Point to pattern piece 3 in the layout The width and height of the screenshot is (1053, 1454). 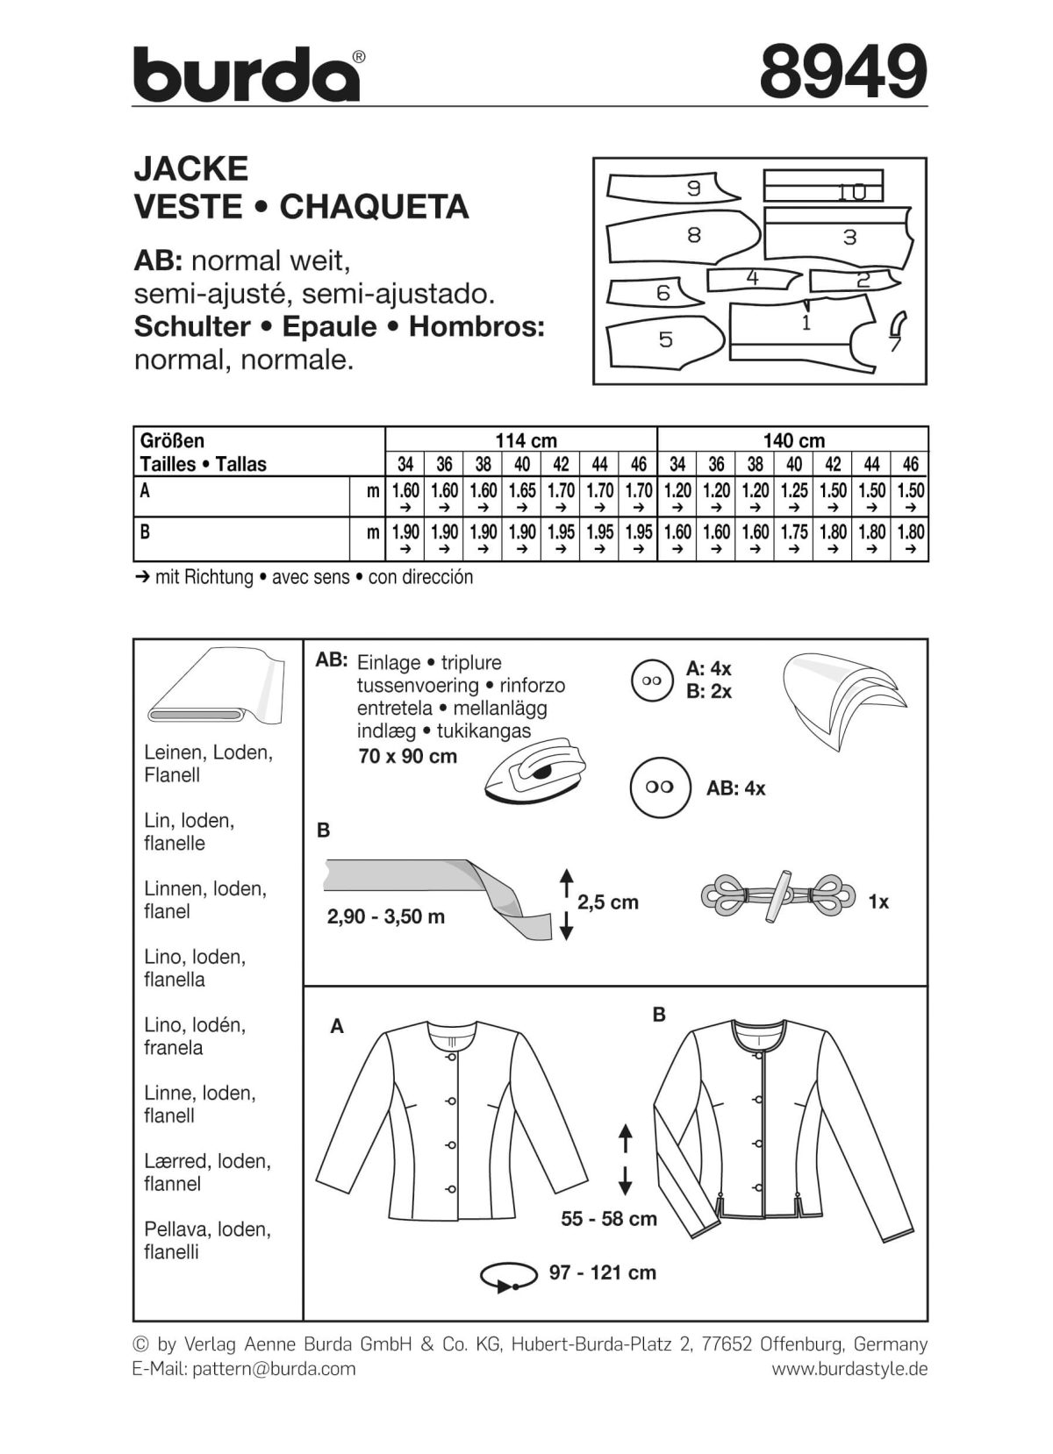click(838, 237)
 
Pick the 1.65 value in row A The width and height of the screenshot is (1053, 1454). click(521, 491)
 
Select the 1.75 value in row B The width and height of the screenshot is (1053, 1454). click(793, 532)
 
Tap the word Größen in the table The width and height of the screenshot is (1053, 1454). click(173, 440)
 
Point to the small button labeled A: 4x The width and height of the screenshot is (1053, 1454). click(650, 681)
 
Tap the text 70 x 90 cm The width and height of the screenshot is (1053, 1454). click(407, 756)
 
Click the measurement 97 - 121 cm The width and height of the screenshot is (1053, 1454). click(602, 1272)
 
